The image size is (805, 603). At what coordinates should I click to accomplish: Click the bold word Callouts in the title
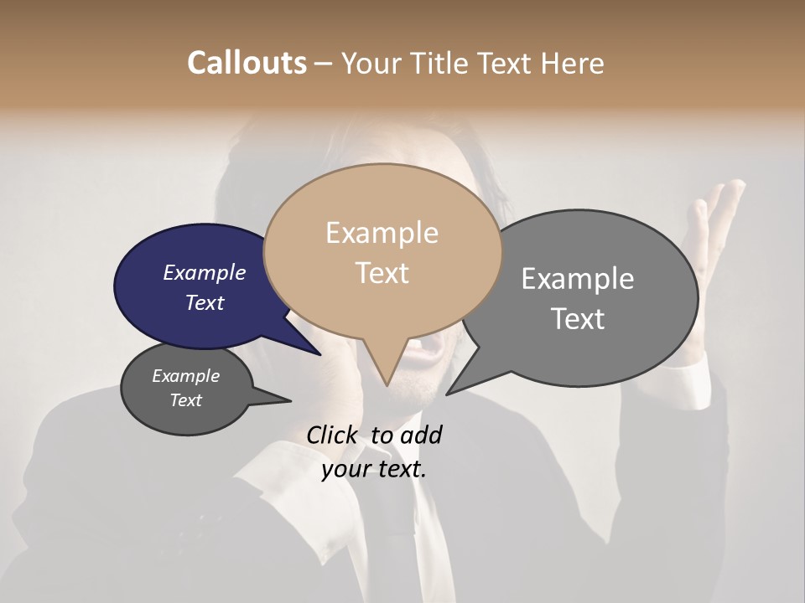click(247, 63)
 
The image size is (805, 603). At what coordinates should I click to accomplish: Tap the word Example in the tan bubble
click(382, 233)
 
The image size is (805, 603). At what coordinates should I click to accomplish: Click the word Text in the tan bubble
click(382, 273)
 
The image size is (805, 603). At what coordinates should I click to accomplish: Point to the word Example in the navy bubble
click(205, 272)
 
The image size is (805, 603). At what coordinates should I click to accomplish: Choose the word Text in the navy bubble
click(205, 302)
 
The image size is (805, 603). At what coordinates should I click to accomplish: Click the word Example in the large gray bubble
click(578, 279)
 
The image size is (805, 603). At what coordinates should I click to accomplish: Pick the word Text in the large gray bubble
click(578, 319)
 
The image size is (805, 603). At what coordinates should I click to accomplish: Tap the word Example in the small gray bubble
click(186, 376)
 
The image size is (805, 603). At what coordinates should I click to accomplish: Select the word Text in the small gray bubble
click(186, 400)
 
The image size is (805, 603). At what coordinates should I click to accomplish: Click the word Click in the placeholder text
click(334, 435)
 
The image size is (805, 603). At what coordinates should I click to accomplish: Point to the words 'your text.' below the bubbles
click(374, 469)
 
